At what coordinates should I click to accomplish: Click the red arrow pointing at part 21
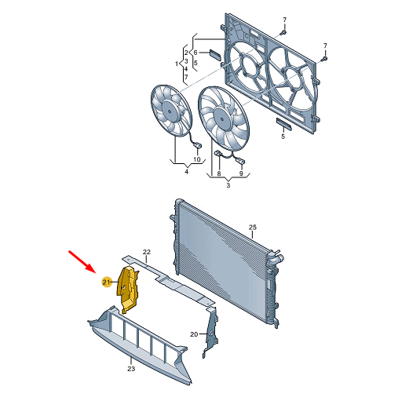click(x=82, y=261)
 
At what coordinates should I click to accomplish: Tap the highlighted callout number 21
click(x=106, y=282)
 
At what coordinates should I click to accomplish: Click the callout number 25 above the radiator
click(x=252, y=227)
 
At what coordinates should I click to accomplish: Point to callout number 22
click(x=147, y=252)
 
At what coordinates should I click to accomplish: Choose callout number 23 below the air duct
click(x=131, y=369)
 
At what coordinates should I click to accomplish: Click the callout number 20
click(x=194, y=334)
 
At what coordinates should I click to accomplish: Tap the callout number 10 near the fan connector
click(x=197, y=159)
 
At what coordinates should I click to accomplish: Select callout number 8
click(x=219, y=173)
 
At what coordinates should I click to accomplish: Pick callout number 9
click(x=241, y=173)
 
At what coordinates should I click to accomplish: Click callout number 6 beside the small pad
click(x=195, y=53)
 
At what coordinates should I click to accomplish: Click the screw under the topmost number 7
click(x=283, y=32)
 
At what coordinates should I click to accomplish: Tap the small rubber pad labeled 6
click(x=215, y=54)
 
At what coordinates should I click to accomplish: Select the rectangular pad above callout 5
click(x=284, y=124)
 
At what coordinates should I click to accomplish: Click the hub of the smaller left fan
click(x=169, y=111)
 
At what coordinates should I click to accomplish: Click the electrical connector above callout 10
click(x=197, y=146)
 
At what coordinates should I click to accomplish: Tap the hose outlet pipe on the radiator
click(x=278, y=259)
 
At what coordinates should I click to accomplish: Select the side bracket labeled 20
click(x=211, y=331)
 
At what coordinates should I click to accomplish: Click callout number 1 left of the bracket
click(x=177, y=64)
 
